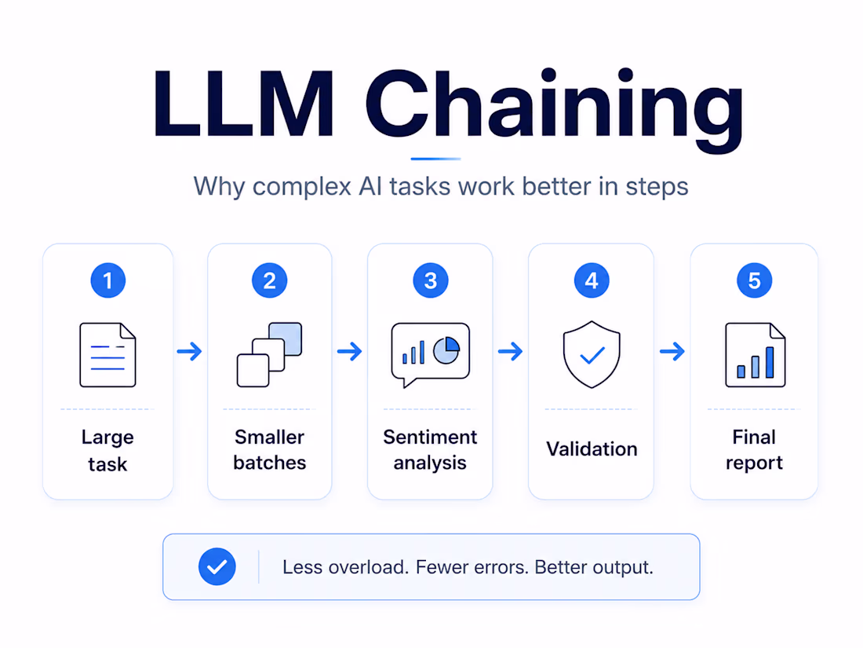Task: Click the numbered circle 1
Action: [108, 280]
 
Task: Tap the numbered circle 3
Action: [431, 280]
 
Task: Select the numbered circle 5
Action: [754, 280]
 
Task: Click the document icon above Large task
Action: [108, 355]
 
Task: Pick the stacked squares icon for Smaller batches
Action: [270, 355]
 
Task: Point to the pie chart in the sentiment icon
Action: [446, 350]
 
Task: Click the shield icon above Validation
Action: [592, 354]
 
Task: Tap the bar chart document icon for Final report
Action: [755, 355]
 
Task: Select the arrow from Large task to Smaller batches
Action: [189, 351]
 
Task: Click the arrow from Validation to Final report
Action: [672, 351]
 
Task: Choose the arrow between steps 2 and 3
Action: [349, 351]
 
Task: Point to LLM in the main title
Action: [243, 104]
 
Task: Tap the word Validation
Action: [592, 449]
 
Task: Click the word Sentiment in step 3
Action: [430, 437]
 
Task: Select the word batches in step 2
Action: [270, 463]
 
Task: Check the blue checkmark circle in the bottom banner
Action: [217, 566]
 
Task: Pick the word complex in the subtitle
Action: [301, 187]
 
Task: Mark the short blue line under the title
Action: [435, 159]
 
